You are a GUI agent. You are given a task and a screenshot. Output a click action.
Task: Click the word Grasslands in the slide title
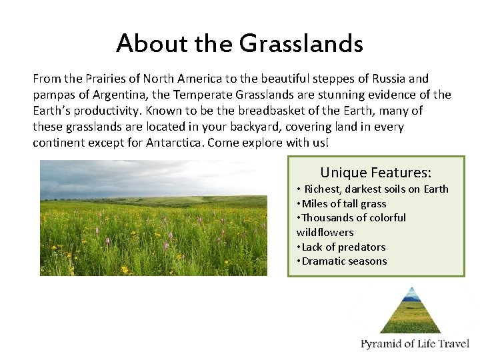(301, 44)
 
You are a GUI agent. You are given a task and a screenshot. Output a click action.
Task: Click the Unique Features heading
(375, 172)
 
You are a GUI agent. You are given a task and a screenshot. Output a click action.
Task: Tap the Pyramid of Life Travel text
(415, 345)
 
